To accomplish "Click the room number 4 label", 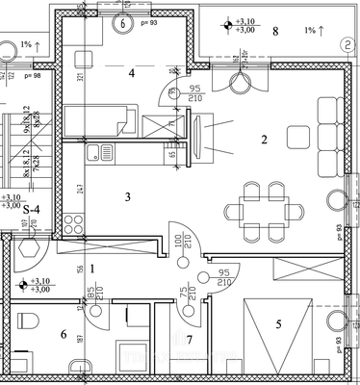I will pos(132,72).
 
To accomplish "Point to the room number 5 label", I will pos(278,324).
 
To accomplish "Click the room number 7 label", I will pos(190,340).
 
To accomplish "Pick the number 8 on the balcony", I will pos(276,32).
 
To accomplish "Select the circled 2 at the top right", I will pos(345,44).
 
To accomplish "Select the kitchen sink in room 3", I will pos(96,152).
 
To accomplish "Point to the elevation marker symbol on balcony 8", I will pos(226,25).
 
